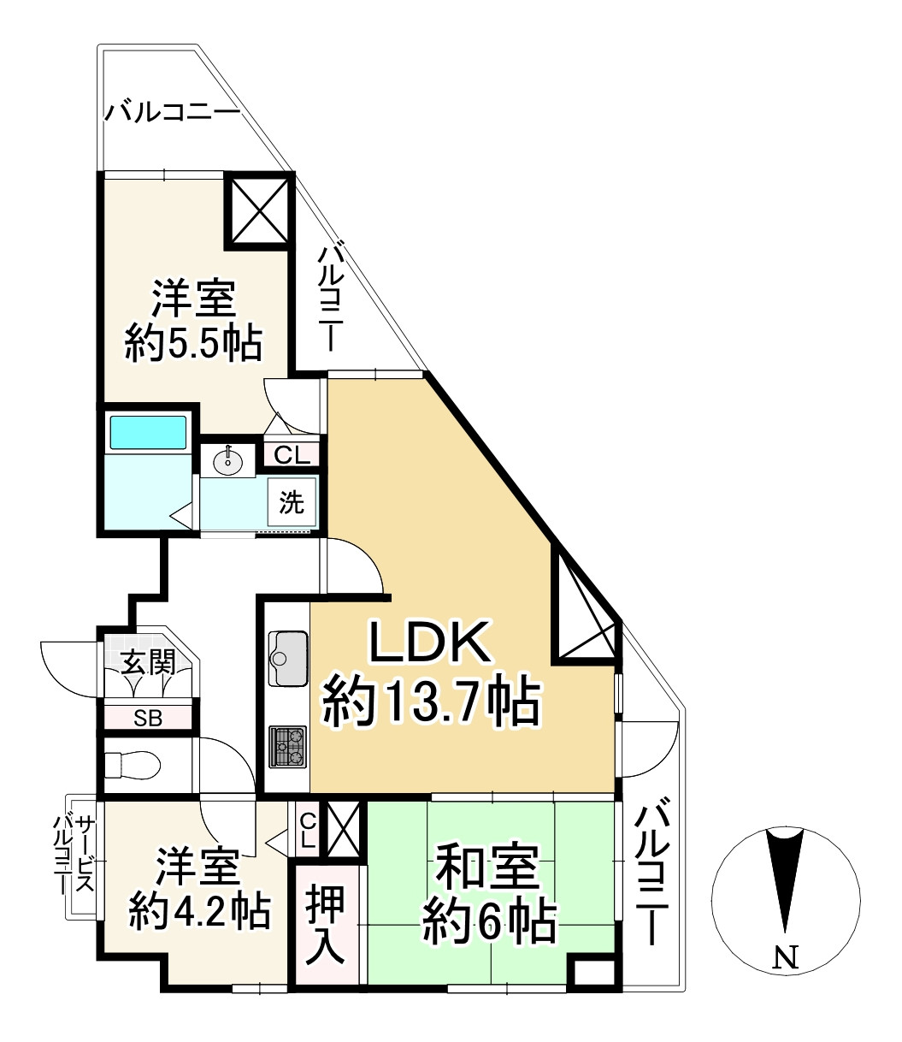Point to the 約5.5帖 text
pos(193,345)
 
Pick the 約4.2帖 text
pos(199,912)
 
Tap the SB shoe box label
pos(148,718)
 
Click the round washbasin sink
pos(228,461)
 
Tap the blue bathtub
pos(148,433)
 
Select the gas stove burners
pos(286,746)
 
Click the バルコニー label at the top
pos(173,112)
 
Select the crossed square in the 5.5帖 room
pos(259,210)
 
